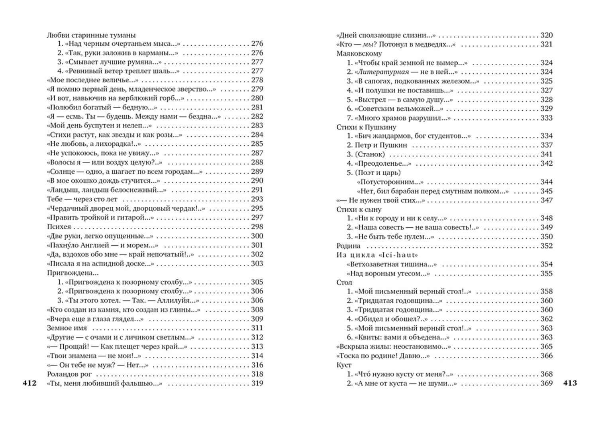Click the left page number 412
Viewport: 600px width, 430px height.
29,383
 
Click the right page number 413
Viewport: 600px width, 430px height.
570,383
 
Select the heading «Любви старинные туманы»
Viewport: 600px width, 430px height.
91,35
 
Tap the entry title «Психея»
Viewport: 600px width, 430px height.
59,227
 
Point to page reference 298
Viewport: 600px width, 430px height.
257,227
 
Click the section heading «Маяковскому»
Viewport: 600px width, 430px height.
359,53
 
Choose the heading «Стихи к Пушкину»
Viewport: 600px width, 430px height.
366,127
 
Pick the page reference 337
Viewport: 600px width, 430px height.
547,145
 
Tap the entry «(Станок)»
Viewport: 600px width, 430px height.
370,154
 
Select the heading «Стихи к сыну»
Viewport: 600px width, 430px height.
359,209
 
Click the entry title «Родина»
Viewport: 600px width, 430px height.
349,246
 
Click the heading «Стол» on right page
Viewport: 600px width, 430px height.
344,283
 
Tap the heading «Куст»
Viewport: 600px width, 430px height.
344,365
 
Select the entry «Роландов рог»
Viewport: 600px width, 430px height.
69,374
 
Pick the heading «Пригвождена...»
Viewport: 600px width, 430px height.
73,273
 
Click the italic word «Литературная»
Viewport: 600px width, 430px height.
382,72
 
